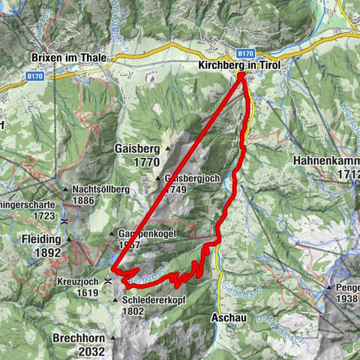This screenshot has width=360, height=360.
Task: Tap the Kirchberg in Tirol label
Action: tap(239, 66)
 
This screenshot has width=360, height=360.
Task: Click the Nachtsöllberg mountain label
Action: tap(100, 190)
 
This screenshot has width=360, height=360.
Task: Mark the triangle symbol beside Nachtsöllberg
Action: tap(66, 190)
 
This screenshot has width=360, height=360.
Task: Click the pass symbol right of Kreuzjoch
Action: tap(108, 280)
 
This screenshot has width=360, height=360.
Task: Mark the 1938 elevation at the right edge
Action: tap(347, 298)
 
